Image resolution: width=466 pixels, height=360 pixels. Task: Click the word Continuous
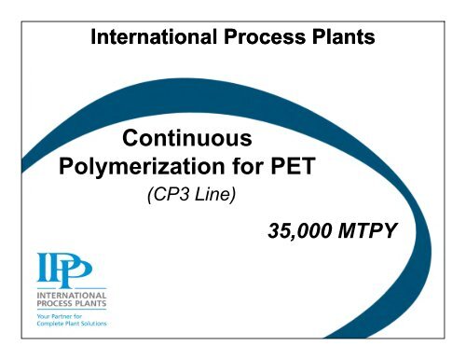click(x=187, y=141)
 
